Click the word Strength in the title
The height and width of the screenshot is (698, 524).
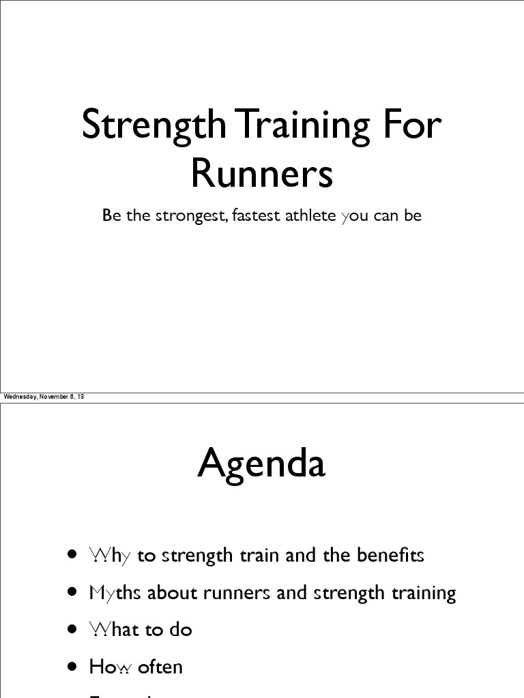[x=154, y=125]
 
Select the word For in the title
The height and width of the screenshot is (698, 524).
[x=412, y=125]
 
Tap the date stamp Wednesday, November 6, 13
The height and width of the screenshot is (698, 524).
[x=44, y=397]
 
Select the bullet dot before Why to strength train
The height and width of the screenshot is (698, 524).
[x=72, y=555]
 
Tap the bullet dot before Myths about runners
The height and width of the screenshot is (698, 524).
[x=72, y=592]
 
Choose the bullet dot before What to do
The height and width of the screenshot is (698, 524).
[x=72, y=629]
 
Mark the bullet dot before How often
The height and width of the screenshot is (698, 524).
[x=72, y=667]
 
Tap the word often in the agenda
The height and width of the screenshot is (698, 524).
[x=160, y=667]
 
